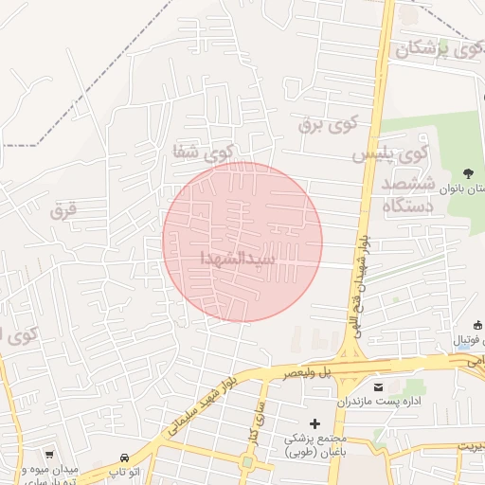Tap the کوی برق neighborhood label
(328, 122)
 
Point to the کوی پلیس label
(392, 152)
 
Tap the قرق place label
(63, 211)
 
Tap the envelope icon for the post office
(379, 388)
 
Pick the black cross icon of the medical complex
(315, 422)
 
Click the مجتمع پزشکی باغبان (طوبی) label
(318, 446)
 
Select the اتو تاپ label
(124, 471)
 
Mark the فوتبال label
(470, 339)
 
